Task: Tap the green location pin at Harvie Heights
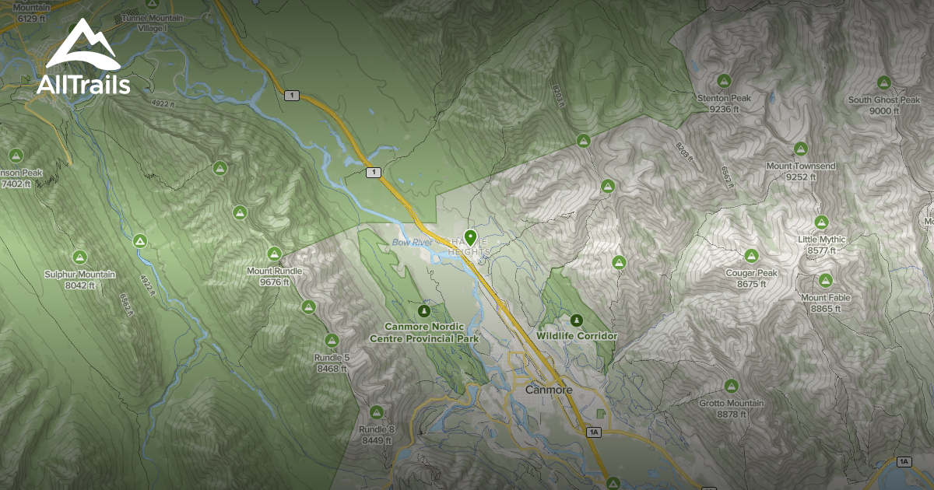469,237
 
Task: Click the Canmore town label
549,390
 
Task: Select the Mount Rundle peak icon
274,254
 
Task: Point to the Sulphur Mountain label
79,275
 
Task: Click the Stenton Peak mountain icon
724,80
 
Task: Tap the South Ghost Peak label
883,100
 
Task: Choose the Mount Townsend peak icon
800,149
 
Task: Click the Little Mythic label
821,240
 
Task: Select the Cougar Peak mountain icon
751,255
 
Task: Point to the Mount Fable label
825,298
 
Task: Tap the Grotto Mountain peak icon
730,385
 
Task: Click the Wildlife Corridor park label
576,336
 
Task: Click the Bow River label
412,243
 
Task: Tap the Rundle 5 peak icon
332,340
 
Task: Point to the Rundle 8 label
377,430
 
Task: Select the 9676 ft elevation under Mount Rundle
274,282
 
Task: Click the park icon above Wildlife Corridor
577,320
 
